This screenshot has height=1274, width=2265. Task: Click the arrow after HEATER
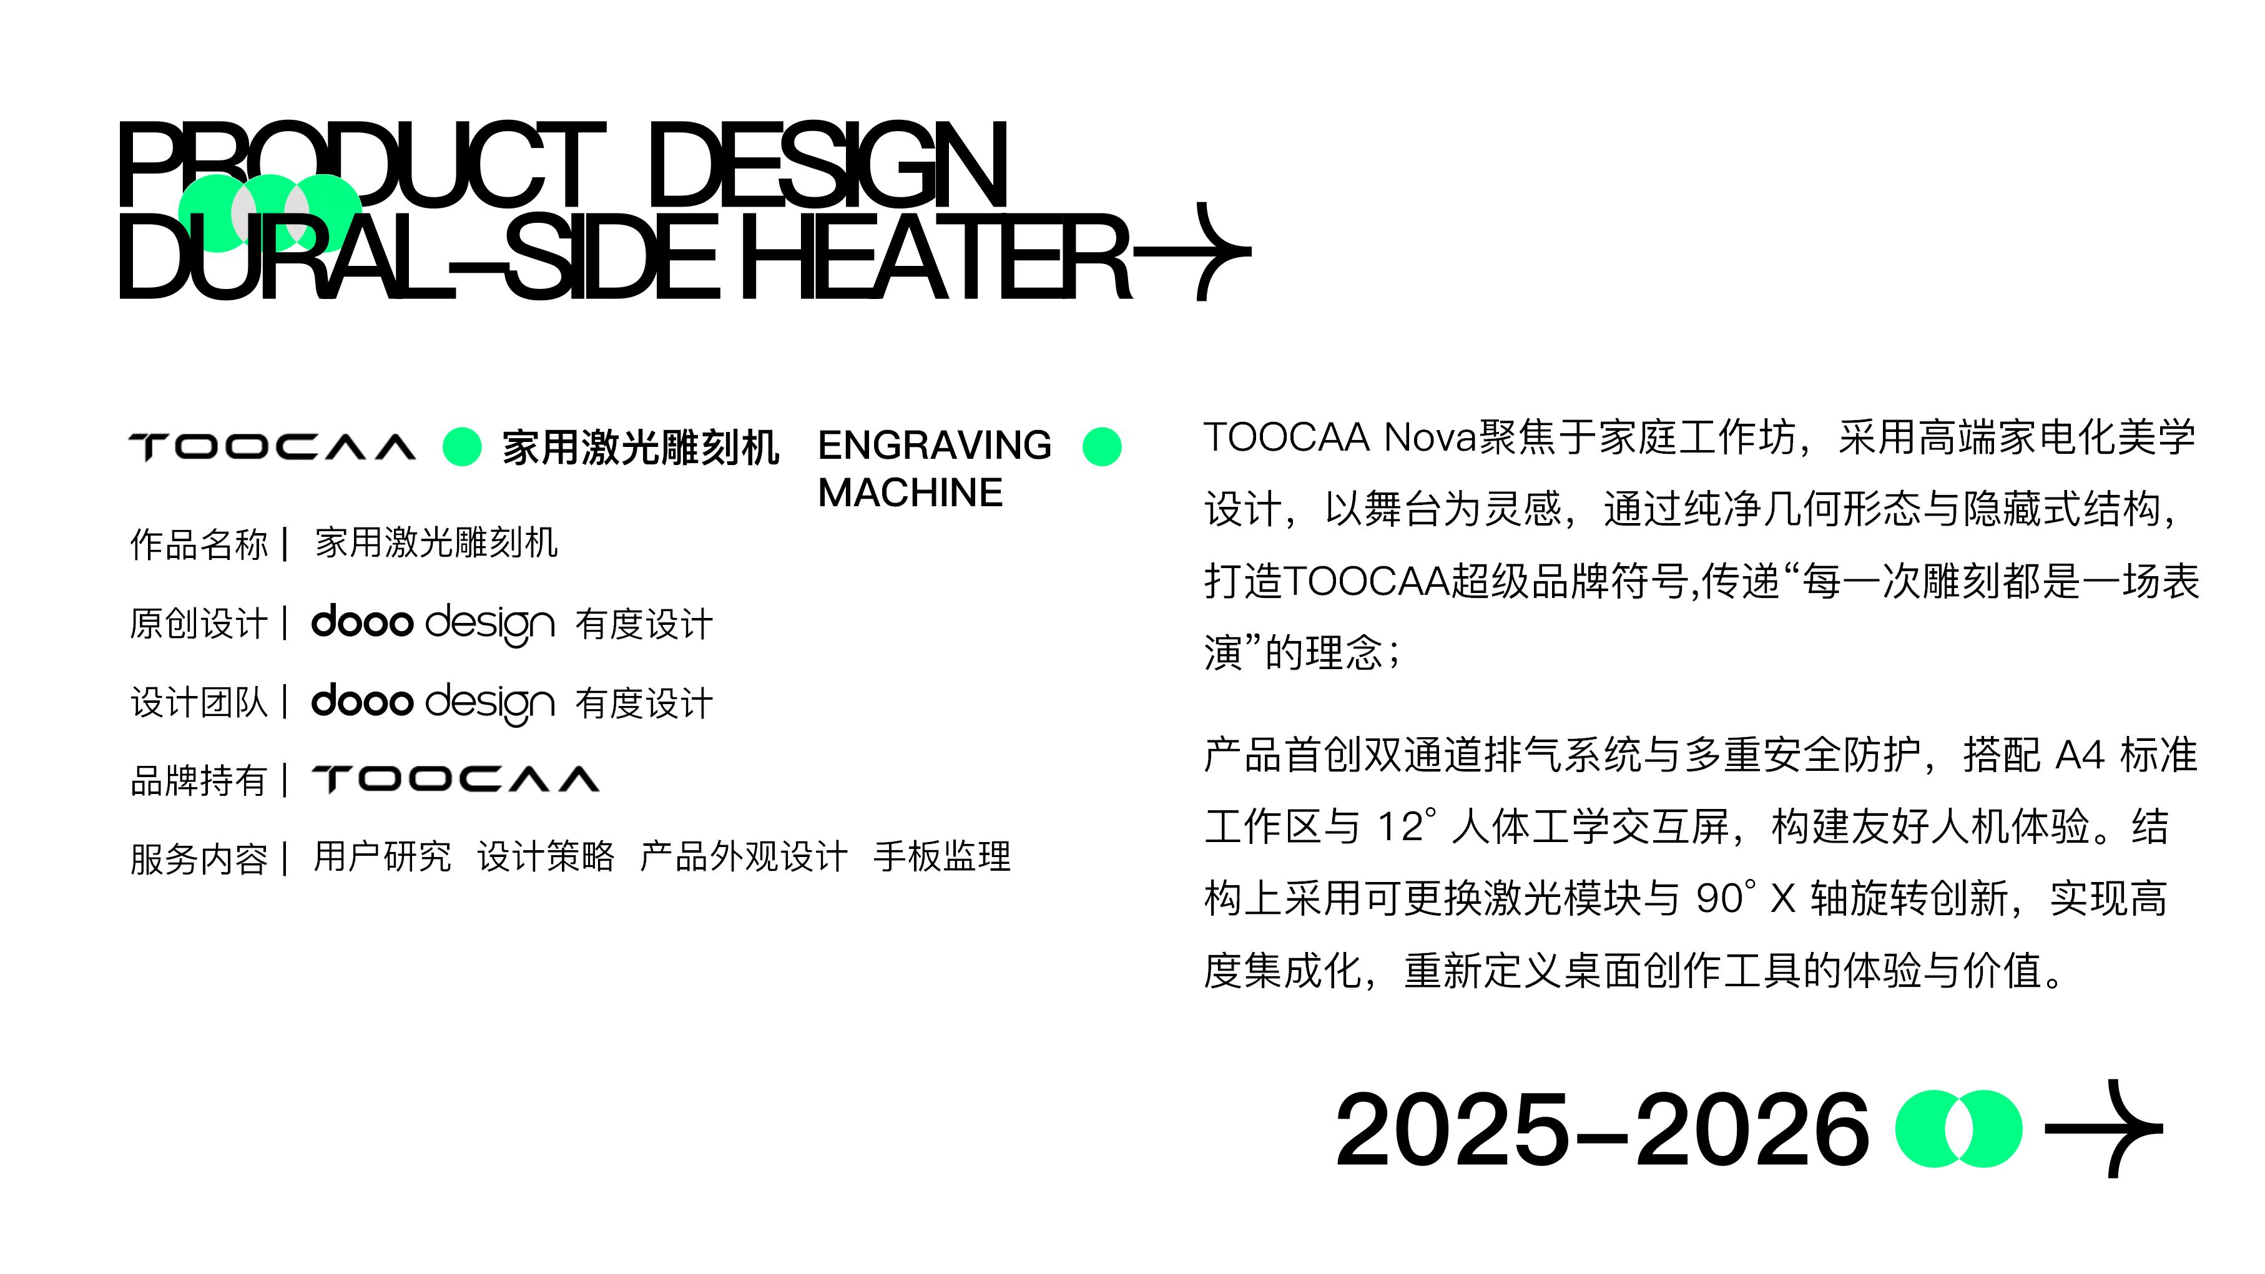tap(1196, 252)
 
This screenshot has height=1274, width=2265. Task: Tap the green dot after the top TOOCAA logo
tap(461, 447)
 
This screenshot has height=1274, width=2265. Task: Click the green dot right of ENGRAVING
tap(1102, 447)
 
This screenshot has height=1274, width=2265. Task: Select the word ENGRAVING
tap(934, 446)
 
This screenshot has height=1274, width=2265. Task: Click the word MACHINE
tap(910, 493)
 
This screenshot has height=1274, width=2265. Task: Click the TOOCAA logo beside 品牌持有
tap(456, 779)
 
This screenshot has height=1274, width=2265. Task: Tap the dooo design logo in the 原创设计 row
tap(433, 624)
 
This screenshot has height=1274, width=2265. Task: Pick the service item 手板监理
tap(941, 856)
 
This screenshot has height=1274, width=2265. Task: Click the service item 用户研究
tap(383, 856)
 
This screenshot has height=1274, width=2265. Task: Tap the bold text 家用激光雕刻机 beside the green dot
tap(640, 448)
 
